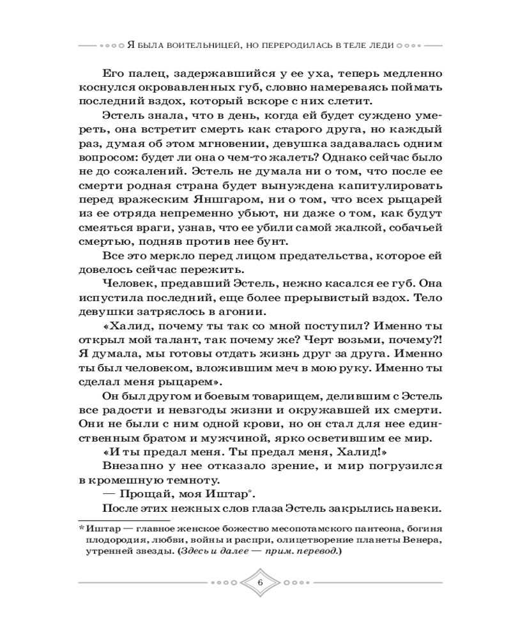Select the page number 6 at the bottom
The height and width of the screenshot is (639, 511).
point(259,582)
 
